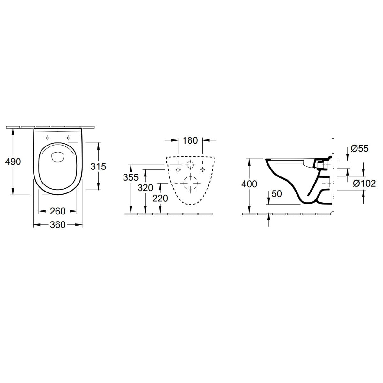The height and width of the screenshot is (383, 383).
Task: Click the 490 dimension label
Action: (x=13, y=162)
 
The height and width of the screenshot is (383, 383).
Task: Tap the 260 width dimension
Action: (x=58, y=211)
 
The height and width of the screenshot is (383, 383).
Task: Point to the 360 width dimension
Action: (x=58, y=225)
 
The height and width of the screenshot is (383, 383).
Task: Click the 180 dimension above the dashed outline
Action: (x=191, y=140)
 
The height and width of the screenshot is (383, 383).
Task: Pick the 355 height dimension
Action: (x=131, y=177)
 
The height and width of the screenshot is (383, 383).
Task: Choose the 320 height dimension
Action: (x=145, y=188)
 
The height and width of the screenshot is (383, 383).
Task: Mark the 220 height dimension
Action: (x=160, y=199)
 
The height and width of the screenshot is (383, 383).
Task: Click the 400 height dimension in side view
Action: (x=249, y=184)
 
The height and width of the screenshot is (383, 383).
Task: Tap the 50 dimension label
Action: (x=277, y=194)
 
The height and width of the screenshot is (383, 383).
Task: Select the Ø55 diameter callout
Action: (x=359, y=148)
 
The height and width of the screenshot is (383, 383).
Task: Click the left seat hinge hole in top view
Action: (x=47, y=138)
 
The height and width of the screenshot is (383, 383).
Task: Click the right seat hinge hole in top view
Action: (x=68, y=138)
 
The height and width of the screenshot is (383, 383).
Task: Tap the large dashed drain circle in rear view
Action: (x=191, y=183)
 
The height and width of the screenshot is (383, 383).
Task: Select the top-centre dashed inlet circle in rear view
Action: (x=191, y=165)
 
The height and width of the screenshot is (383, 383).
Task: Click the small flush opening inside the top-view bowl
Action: (x=58, y=157)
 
